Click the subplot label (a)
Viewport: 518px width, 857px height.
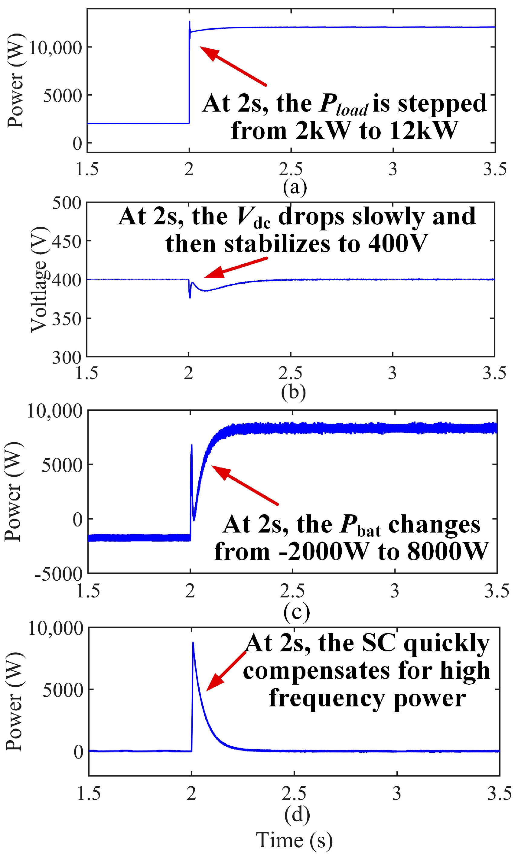(x=295, y=187)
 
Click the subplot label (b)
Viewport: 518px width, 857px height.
(x=293, y=392)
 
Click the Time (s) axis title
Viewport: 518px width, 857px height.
(x=294, y=840)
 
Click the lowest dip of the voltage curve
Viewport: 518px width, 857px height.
(x=190, y=298)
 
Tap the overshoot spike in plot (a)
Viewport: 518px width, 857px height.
(x=190, y=21)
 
